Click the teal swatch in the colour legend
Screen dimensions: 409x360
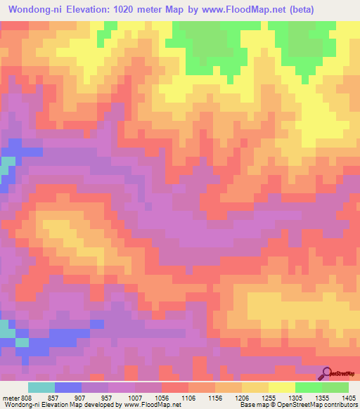point(41,387)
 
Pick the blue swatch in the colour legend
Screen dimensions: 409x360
point(68,387)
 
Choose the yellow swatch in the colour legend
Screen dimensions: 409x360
point(282,387)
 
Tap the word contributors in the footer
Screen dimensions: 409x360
point(340,405)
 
